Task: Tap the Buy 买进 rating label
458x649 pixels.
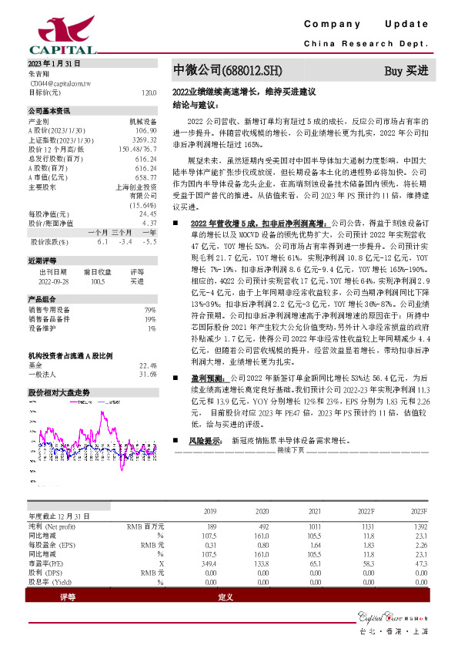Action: pyautogui.click(x=406, y=71)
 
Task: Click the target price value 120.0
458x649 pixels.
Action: pyautogui.click(x=149, y=92)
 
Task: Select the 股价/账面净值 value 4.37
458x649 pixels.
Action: pyautogui.click(x=149, y=223)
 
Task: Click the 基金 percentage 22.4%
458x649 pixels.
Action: pyautogui.click(x=148, y=365)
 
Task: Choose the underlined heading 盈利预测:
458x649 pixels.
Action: pyautogui.click(x=209, y=378)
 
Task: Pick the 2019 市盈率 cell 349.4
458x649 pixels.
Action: pyautogui.click(x=209, y=563)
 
